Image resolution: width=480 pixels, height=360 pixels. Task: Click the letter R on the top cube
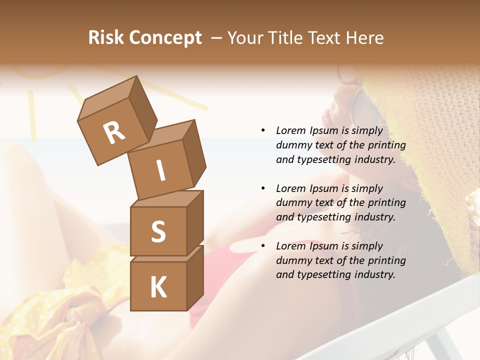(x=114, y=132)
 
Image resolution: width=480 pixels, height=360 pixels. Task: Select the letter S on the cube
(x=158, y=231)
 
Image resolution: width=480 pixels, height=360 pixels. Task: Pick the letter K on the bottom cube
(x=158, y=287)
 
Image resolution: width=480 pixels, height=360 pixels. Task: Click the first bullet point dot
(x=263, y=131)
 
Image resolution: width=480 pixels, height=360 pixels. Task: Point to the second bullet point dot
(x=263, y=188)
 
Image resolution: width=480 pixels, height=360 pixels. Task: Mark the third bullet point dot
(x=263, y=246)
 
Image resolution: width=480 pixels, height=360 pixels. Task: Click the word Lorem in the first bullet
(x=290, y=131)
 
